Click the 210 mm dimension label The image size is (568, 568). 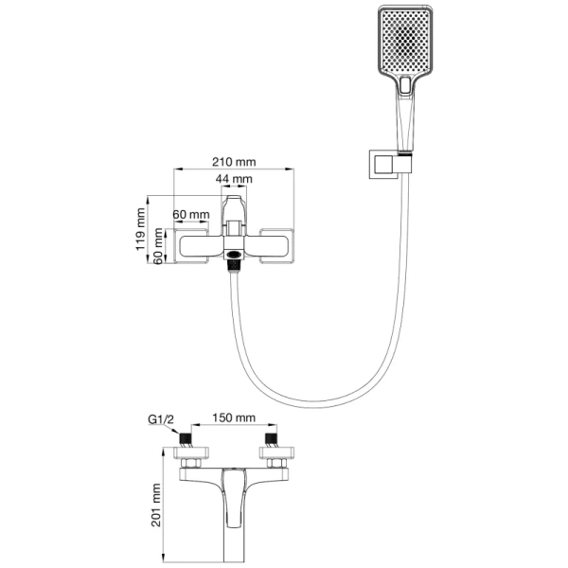(234, 161)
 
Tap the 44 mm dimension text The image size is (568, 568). (234, 179)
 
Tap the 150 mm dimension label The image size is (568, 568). (233, 417)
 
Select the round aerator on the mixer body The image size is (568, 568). (233, 253)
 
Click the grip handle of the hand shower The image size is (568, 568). (404, 118)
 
